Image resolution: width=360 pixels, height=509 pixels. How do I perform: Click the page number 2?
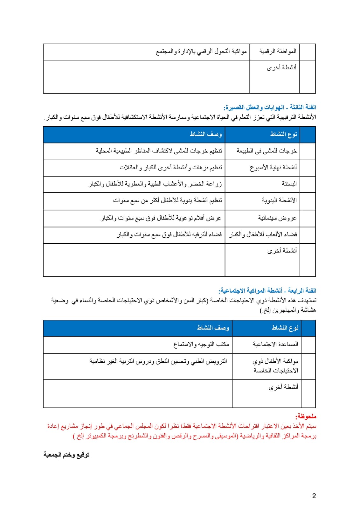314,496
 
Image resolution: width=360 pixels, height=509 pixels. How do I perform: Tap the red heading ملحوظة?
306,416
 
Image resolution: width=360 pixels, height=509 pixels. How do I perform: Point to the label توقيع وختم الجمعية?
66,455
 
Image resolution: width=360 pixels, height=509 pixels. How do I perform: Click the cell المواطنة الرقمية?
278,51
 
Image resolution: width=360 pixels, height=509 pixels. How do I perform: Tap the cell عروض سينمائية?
277,218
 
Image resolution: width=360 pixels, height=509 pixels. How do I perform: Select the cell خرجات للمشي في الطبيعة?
267,151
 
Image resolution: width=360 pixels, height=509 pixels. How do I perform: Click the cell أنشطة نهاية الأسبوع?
273,167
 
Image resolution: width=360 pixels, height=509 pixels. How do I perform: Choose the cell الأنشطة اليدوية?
279,200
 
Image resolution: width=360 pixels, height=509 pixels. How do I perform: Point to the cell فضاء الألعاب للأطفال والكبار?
263,235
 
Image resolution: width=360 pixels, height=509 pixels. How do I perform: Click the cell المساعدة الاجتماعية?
275,344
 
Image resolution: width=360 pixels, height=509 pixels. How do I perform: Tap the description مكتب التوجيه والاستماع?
201,344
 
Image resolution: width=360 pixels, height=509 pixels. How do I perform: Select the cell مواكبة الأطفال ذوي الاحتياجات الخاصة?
275,366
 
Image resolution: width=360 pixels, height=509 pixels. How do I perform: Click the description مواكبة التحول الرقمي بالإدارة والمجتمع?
201,51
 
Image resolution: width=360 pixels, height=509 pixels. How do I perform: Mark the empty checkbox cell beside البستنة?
308,184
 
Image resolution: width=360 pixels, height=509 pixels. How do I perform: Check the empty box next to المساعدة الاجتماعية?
308,345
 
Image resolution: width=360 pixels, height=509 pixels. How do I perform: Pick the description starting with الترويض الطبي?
158,361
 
